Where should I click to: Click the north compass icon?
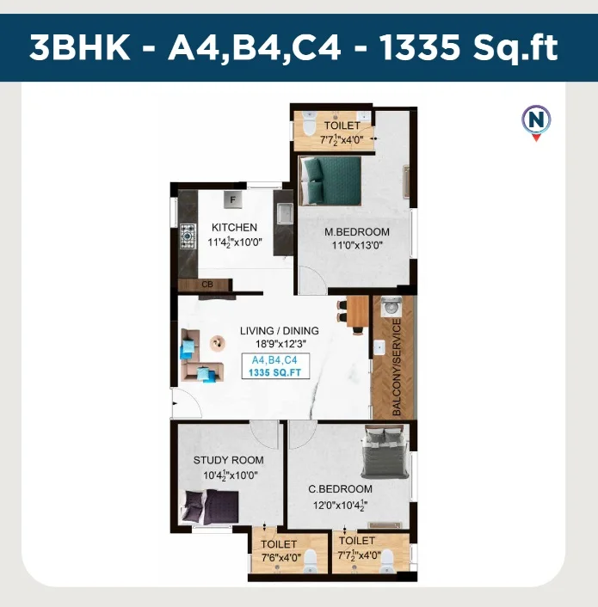[536, 122]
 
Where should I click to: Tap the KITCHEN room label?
[234, 227]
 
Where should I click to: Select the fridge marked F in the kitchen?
[233, 199]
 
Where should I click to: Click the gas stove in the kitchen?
[188, 236]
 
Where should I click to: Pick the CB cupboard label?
[207, 285]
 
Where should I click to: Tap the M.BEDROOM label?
[357, 232]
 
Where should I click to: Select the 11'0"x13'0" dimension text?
[357, 245]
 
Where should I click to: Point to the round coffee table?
[218, 343]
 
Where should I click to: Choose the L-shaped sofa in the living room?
[200, 355]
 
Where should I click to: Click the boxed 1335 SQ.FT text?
[275, 373]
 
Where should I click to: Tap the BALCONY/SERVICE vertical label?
[396, 367]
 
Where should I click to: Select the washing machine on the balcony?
[391, 307]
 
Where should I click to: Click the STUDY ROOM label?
[229, 460]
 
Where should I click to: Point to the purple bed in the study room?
[210, 507]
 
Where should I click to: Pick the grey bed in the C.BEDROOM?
[385, 452]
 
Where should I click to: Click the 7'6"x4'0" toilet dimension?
[281, 557]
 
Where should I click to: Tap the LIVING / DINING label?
[280, 331]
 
